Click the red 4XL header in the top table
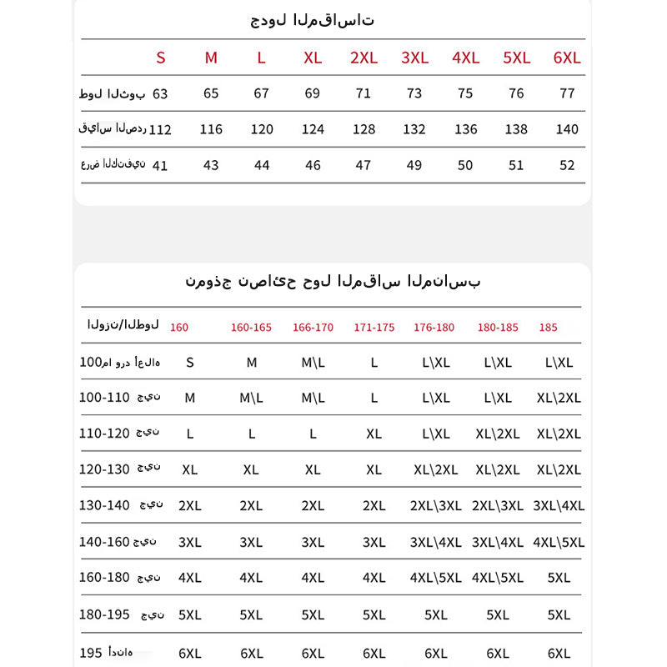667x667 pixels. tap(465, 58)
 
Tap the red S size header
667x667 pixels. tap(161, 58)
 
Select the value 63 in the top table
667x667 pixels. tap(160, 93)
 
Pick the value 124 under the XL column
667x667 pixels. tap(313, 129)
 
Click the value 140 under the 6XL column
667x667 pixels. tap(567, 129)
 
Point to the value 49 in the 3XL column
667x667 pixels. tap(414, 165)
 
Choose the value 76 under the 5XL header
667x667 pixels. tap(516, 93)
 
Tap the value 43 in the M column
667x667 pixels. tap(211, 165)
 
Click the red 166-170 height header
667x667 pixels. tap(313, 328)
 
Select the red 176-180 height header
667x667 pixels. tap(434, 328)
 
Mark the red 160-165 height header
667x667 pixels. tap(251, 328)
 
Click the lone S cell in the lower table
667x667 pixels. tap(190, 363)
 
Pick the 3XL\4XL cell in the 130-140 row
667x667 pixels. tap(559, 506)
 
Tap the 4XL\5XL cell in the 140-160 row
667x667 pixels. tap(559, 542)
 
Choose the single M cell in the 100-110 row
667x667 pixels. tap(190, 398)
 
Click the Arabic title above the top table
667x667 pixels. tap(313, 20)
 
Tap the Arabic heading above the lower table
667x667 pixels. tap(333, 281)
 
